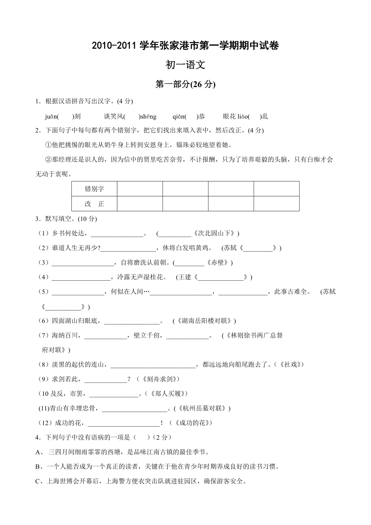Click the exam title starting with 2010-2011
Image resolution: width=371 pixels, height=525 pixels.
click(x=185, y=46)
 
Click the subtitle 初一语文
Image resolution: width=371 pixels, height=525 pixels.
click(x=185, y=65)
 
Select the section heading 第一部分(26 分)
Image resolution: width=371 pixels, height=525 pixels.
click(x=185, y=84)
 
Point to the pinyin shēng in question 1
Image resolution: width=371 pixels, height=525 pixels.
click(x=148, y=117)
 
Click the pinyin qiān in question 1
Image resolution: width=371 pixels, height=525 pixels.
click(x=179, y=117)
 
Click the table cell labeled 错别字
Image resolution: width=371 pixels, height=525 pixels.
click(x=94, y=189)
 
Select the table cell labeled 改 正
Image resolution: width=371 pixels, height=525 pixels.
click(x=94, y=204)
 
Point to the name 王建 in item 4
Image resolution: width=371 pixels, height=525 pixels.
click(x=184, y=277)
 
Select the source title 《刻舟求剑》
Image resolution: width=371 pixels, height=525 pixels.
click(x=158, y=379)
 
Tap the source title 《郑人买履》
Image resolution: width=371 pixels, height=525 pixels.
click(x=166, y=394)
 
